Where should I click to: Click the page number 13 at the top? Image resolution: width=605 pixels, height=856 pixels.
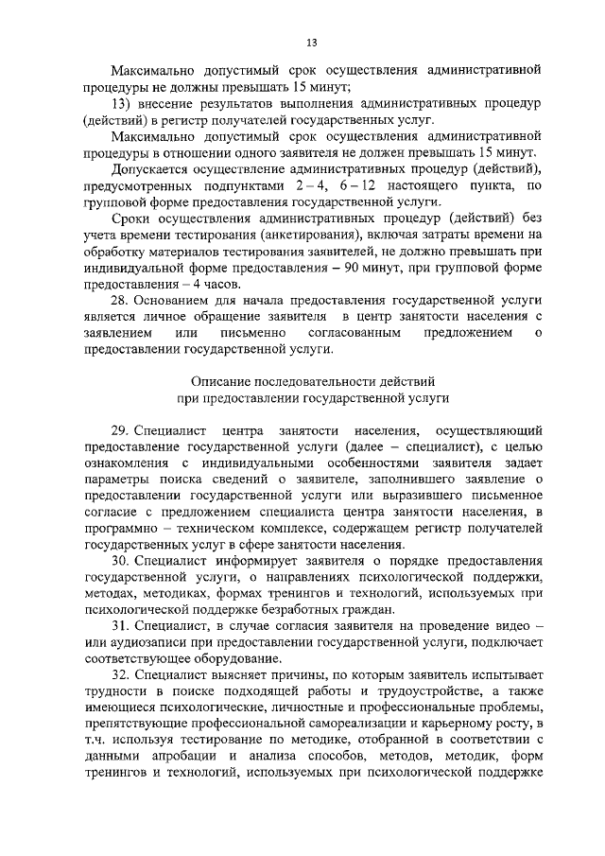click(x=311, y=42)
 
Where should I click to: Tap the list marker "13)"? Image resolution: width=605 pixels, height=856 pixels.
click(x=121, y=102)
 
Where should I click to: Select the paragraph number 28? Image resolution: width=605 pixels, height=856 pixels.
click(x=120, y=301)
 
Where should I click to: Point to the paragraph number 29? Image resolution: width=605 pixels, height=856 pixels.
click(x=120, y=429)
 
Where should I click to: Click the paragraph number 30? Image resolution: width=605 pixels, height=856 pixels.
click(x=120, y=560)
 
